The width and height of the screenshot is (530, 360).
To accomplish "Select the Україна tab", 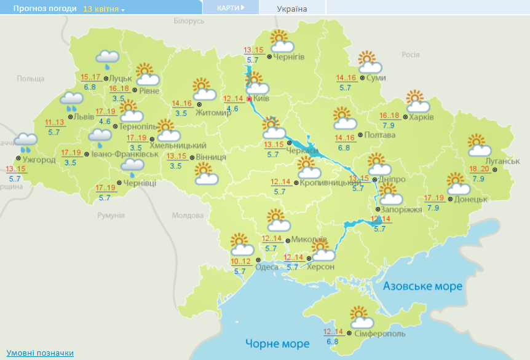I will [292, 9].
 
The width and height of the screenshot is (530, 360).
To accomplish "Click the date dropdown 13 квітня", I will [103, 9].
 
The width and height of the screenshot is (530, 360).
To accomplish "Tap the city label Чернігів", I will [289, 57].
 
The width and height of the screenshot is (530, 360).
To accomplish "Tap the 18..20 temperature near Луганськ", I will [479, 169].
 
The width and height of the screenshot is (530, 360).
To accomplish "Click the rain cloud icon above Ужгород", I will [26, 143].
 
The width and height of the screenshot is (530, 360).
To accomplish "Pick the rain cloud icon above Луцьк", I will [108, 59].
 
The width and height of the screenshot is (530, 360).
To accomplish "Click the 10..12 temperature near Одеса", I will [240, 262].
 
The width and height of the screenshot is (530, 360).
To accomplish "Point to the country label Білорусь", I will [188, 21].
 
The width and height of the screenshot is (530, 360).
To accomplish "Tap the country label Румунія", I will [111, 216].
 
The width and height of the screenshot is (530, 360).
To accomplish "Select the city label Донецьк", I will [471, 199].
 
